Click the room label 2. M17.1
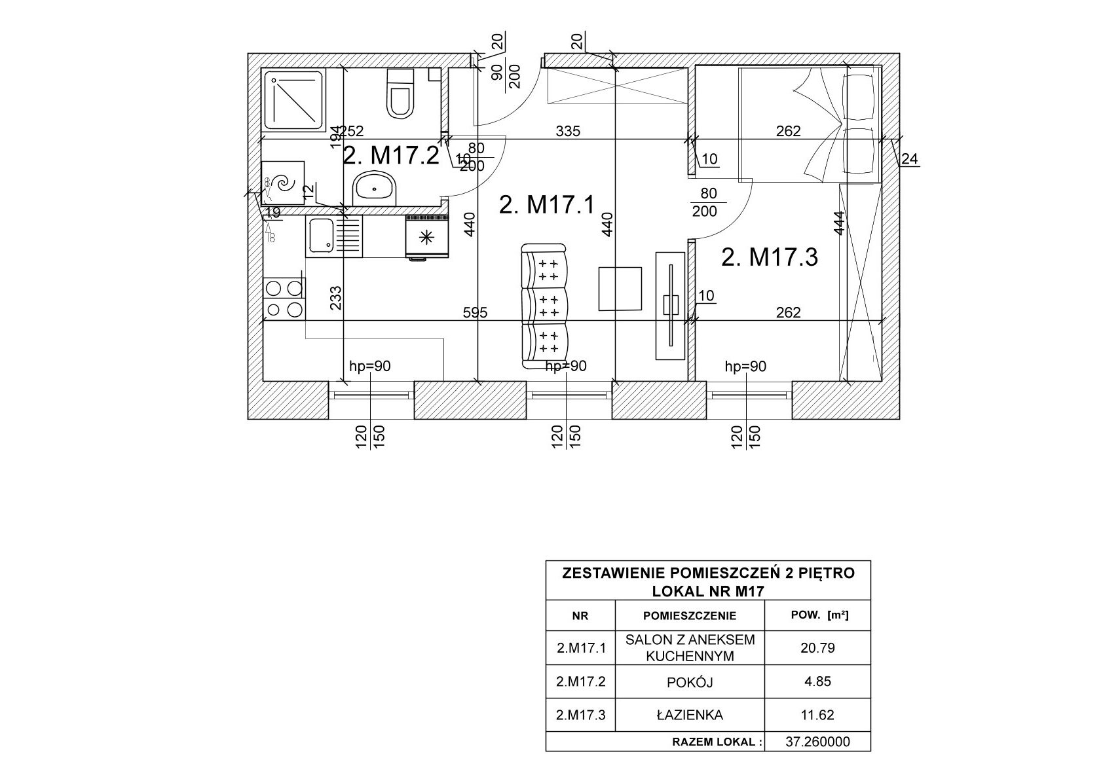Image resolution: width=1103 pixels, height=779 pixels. [x=546, y=205]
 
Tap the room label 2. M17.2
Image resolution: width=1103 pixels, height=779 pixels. [x=390, y=156]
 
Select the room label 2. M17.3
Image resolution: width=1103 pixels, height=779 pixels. [x=769, y=257]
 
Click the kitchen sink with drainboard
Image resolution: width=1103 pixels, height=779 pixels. [x=333, y=236]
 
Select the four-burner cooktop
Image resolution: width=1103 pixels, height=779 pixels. [x=284, y=299]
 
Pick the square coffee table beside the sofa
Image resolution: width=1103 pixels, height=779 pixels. [x=620, y=288]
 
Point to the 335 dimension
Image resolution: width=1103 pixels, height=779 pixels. [x=568, y=131]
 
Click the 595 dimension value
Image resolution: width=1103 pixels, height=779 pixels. [x=475, y=313]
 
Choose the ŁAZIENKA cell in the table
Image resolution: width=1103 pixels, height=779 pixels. [x=689, y=715]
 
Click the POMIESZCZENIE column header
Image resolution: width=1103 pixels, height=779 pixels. [x=689, y=615]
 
